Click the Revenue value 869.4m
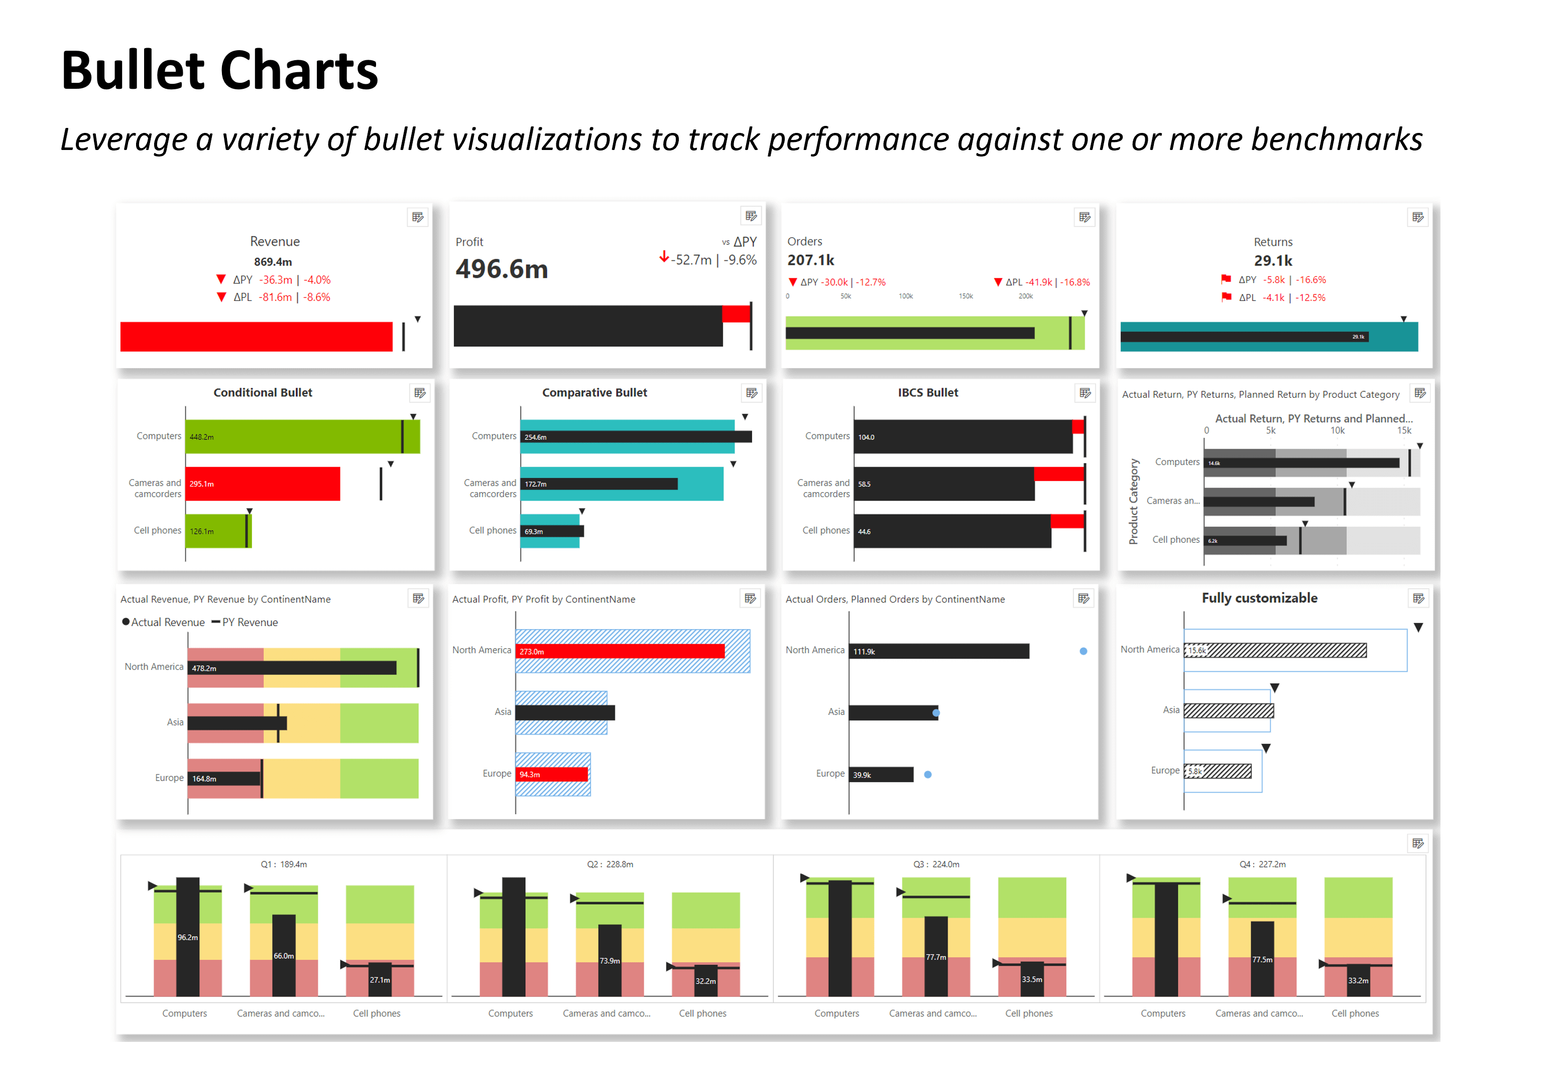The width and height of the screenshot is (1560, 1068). coord(273,262)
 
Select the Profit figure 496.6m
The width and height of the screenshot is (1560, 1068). coord(502,269)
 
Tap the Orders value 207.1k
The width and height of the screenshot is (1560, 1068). coord(810,260)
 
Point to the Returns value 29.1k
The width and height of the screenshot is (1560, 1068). coord(1273,260)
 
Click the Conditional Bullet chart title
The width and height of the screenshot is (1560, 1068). coord(263,392)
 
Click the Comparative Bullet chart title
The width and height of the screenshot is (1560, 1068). coord(594,392)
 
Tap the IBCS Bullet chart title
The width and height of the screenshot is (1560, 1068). coord(928,392)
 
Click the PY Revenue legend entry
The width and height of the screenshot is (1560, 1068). coord(245,623)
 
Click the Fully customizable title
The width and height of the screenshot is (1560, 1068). coord(1259,598)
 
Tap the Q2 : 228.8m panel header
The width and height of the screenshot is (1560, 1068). coord(610,864)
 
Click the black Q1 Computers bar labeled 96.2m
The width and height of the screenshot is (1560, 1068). coord(187,937)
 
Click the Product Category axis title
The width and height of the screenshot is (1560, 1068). coord(1134,501)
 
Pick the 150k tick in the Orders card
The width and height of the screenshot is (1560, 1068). coord(965,296)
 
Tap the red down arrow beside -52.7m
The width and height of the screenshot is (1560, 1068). coord(664,257)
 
